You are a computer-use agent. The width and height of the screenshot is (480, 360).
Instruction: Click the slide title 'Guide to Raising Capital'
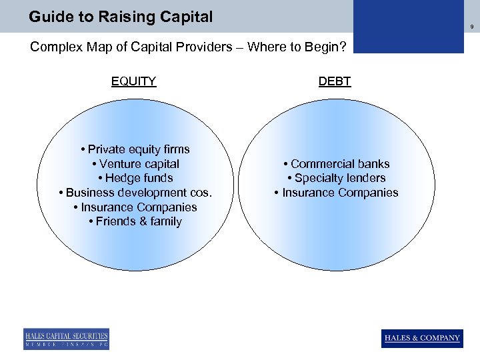(x=121, y=17)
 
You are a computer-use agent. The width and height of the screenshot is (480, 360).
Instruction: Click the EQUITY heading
(x=133, y=81)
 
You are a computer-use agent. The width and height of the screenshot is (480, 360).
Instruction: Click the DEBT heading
(x=335, y=81)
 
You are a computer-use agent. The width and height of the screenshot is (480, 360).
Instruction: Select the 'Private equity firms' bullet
(x=135, y=149)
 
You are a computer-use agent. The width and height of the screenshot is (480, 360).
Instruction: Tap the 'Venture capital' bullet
(x=135, y=164)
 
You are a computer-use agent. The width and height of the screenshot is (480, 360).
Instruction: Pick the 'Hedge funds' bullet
(x=135, y=178)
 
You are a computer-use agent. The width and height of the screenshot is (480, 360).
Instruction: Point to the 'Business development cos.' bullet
(x=135, y=193)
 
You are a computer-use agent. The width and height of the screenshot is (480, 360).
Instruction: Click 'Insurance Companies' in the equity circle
(x=135, y=207)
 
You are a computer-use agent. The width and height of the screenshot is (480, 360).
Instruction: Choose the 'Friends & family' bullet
(x=135, y=221)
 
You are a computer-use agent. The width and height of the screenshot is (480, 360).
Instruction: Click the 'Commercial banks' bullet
(x=336, y=164)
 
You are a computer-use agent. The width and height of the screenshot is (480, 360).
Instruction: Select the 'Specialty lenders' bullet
(x=336, y=178)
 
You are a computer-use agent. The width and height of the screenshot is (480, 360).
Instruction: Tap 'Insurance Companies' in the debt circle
(x=336, y=193)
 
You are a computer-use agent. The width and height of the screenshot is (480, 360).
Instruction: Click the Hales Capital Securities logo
(x=66, y=338)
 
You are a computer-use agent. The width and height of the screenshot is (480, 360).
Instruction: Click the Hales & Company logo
(x=422, y=338)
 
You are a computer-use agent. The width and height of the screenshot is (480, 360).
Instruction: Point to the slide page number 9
(x=471, y=27)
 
